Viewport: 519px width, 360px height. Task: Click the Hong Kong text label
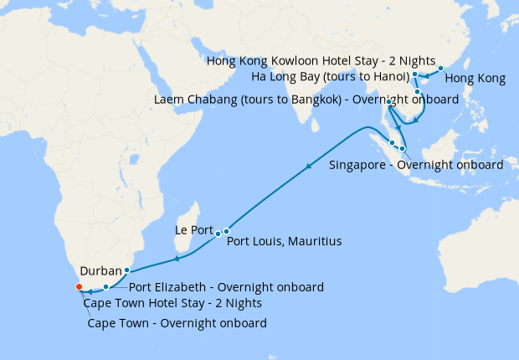[x=475, y=80]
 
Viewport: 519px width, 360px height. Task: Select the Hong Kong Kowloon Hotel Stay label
[x=320, y=63]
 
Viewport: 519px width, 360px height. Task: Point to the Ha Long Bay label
[x=330, y=78]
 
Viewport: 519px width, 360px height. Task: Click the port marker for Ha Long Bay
[x=415, y=75]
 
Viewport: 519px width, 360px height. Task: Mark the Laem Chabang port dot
[x=390, y=102]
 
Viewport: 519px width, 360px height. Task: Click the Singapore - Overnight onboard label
[x=416, y=164]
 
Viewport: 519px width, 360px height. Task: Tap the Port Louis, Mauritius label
[x=285, y=241]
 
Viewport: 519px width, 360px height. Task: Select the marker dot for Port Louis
[x=226, y=231]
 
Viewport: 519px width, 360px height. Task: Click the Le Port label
[x=194, y=229]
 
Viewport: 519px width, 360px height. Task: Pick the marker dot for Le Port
[x=218, y=233]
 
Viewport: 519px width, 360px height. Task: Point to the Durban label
[x=101, y=271]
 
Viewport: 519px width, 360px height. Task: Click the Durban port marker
[x=126, y=270]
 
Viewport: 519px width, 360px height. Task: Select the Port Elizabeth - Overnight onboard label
[x=226, y=287]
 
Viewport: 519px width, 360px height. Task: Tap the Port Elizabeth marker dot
[x=105, y=287]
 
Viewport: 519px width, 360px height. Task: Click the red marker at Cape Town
[x=79, y=287]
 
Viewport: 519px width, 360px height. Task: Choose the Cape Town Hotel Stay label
[x=172, y=303]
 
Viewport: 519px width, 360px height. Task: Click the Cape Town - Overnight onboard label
[x=177, y=323]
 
